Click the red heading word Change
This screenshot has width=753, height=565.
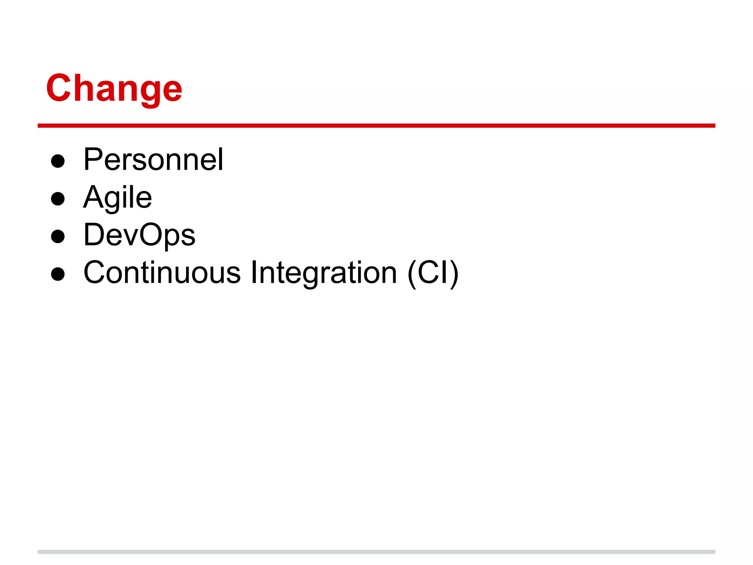click(x=114, y=88)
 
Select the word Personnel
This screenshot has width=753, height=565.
click(x=153, y=160)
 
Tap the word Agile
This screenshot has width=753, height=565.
click(x=117, y=198)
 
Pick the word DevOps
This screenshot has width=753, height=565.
click(x=139, y=235)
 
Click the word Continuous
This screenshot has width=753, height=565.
click(x=162, y=273)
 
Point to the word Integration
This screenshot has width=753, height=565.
click(x=324, y=273)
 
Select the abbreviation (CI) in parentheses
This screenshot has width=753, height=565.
click(x=433, y=273)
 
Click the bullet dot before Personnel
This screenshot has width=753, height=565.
click(x=58, y=161)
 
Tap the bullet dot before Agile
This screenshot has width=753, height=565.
click(x=58, y=199)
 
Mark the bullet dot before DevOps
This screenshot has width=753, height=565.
click(x=58, y=237)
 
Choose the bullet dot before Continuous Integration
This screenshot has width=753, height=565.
click(x=58, y=274)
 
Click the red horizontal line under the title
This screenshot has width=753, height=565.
click(x=376, y=126)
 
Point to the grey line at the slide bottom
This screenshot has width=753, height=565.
click(x=376, y=552)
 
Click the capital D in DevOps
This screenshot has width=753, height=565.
click(x=94, y=235)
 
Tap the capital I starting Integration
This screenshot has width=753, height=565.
click(x=253, y=273)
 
